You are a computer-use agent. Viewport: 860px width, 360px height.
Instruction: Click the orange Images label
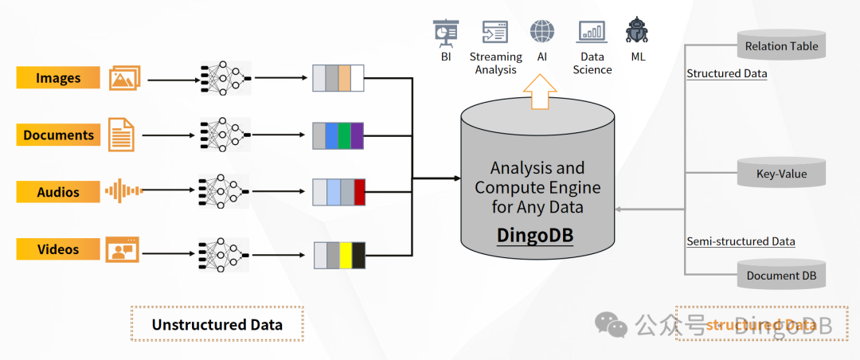click(58, 78)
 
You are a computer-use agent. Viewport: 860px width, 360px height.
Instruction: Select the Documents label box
click(58, 135)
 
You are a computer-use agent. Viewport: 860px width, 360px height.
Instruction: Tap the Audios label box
click(58, 192)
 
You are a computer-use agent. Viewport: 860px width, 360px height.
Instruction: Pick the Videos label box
click(58, 249)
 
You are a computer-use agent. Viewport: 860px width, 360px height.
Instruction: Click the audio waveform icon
click(123, 191)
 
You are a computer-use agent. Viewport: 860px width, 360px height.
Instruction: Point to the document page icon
click(121, 135)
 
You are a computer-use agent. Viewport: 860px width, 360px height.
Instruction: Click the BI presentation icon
click(445, 32)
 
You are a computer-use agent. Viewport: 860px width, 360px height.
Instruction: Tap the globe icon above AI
click(542, 32)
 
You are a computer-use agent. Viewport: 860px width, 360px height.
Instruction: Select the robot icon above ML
click(637, 31)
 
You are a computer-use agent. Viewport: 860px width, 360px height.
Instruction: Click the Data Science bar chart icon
click(592, 32)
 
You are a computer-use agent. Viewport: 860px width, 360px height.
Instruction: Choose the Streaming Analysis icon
click(495, 32)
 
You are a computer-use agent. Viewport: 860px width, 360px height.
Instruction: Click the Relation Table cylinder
click(781, 45)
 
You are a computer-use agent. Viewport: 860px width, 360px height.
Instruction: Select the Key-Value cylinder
click(781, 172)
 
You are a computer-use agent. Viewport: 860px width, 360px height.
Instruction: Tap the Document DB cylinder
click(781, 275)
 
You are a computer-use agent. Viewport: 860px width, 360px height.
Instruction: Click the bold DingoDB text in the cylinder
click(534, 235)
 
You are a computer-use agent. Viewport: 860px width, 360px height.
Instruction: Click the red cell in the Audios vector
click(359, 193)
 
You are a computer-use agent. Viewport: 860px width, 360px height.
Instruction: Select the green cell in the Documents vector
click(344, 135)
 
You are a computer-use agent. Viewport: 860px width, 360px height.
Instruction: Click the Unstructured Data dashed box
click(217, 324)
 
